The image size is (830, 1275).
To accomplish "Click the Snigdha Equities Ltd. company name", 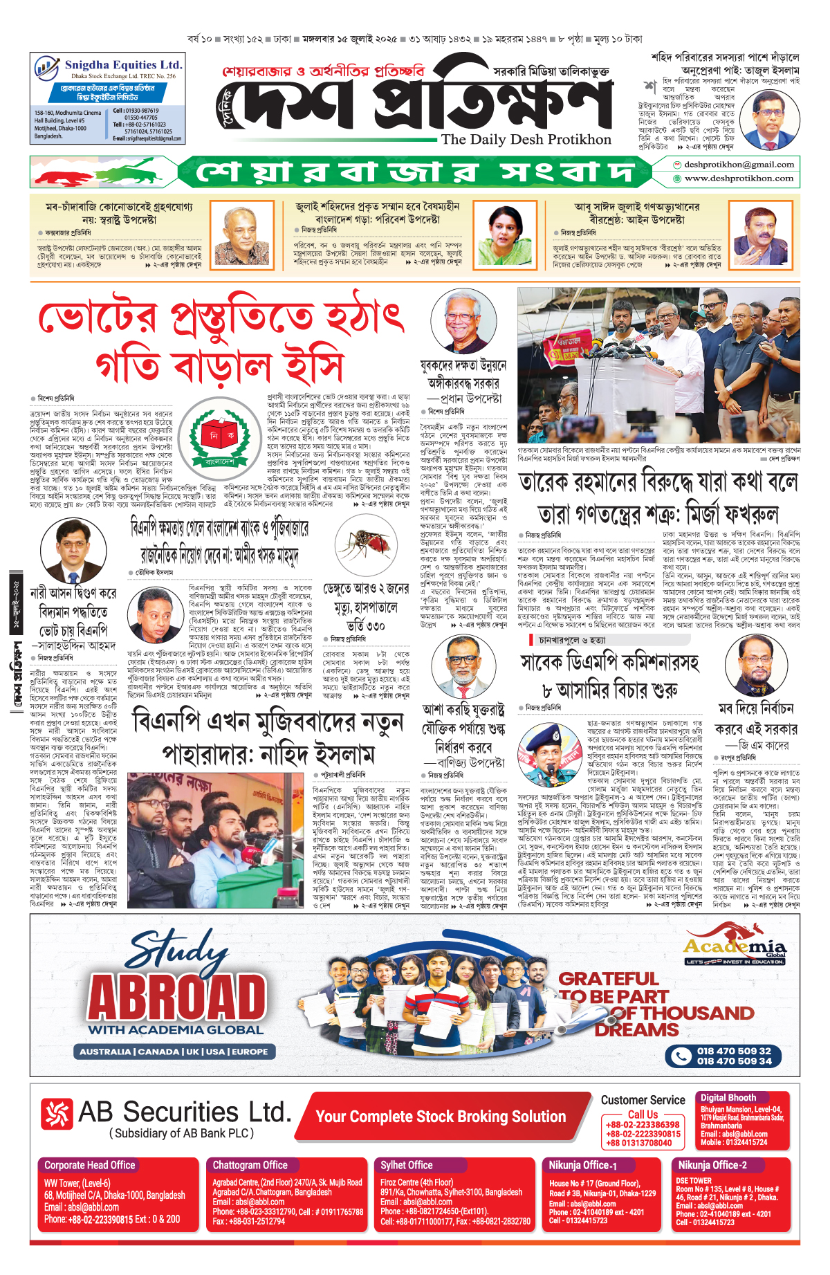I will [123, 65].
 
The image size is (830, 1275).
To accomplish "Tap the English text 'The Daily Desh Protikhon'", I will [526, 140].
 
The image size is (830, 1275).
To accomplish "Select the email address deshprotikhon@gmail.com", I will [738, 165].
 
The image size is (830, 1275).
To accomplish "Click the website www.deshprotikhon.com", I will [738, 178].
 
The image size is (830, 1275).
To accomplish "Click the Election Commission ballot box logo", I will [220, 436].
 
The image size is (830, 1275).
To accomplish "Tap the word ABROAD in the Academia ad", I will [178, 997].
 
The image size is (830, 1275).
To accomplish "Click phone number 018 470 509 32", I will [733, 1051].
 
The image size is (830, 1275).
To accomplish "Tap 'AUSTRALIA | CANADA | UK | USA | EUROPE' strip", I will [174, 1052].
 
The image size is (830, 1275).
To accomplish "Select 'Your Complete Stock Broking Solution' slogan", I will [441, 1116].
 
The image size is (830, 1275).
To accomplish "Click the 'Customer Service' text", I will [643, 1100].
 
